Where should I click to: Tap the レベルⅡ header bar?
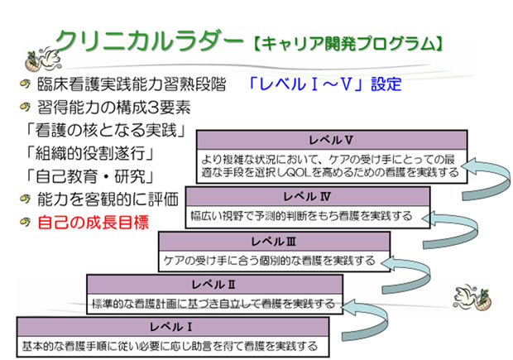[213, 285]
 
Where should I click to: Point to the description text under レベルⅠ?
[170, 344]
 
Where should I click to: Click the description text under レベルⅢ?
[269, 261]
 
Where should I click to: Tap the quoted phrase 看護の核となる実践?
[105, 130]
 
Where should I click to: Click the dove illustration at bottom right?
[470, 298]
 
